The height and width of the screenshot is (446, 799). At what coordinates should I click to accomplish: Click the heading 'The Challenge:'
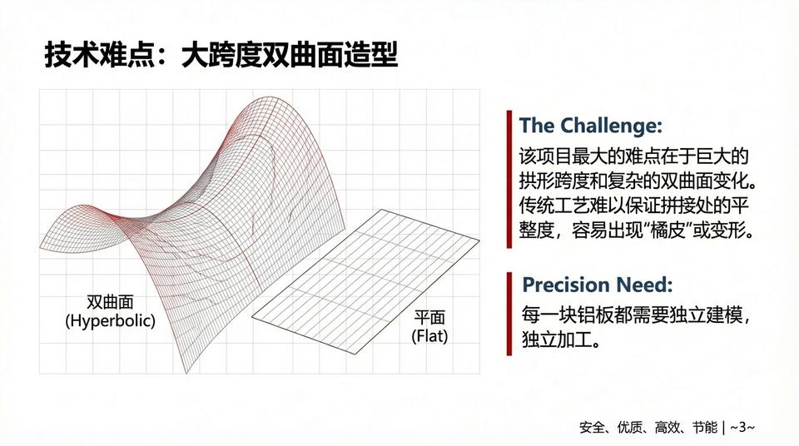(590, 126)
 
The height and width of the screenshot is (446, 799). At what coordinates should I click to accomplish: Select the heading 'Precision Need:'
(597, 285)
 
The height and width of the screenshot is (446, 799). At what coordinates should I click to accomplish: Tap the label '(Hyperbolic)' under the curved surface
(111, 320)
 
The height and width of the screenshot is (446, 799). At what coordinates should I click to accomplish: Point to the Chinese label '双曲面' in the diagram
(111, 303)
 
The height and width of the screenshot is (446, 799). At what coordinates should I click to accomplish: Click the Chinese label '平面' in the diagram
(429, 318)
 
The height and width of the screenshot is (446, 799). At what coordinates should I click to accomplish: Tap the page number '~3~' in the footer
(742, 427)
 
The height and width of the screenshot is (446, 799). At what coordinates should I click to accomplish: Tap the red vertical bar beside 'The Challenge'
(508, 178)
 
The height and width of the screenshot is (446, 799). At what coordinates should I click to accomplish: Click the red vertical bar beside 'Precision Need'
(508, 312)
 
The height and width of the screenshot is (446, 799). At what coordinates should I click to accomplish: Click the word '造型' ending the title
(372, 56)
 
